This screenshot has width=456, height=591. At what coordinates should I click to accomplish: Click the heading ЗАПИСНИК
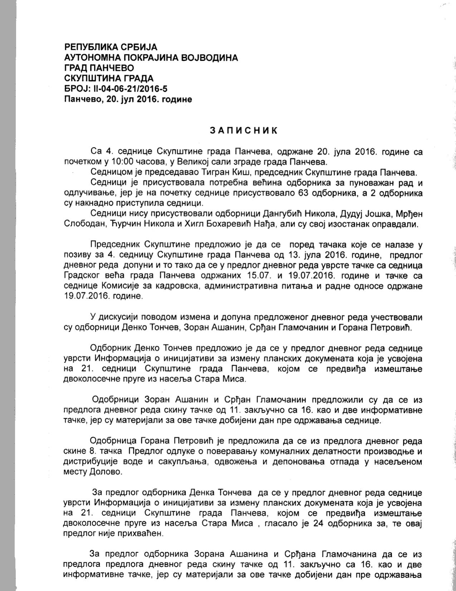click(x=243, y=130)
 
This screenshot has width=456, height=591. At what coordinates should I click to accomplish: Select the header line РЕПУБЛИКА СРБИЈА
click(x=111, y=47)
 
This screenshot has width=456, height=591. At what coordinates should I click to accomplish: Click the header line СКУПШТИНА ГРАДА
click(x=109, y=78)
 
